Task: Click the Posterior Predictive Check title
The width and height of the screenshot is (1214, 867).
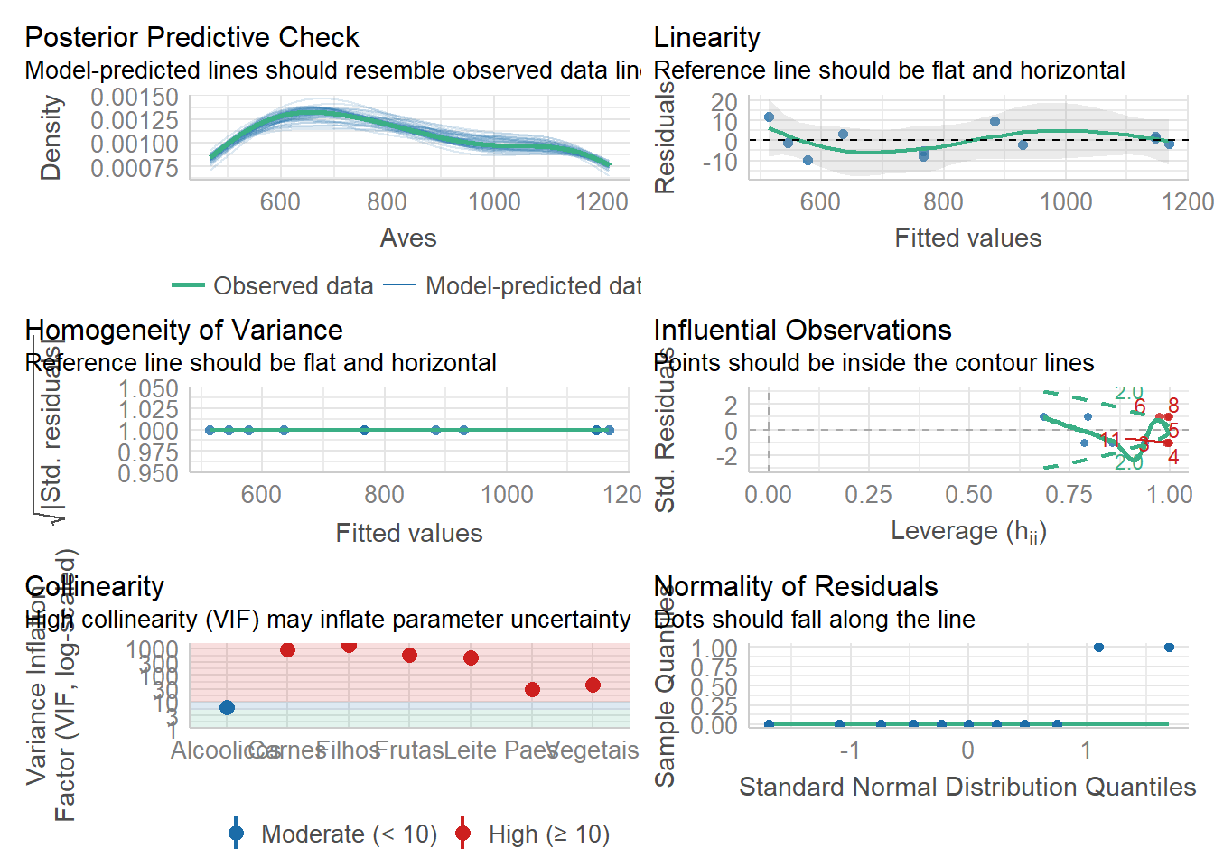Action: click(191, 38)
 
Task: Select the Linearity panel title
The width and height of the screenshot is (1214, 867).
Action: click(706, 38)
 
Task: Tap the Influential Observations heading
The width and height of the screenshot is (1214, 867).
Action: click(802, 331)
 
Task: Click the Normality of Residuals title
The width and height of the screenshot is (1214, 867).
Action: click(795, 587)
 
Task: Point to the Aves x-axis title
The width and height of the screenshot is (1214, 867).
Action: click(408, 238)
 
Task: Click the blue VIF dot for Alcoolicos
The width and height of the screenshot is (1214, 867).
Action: click(227, 707)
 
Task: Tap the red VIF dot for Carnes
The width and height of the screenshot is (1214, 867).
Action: click(287, 649)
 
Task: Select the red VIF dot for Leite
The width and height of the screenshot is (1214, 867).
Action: click(471, 657)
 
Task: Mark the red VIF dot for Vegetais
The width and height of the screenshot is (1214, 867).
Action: click(593, 685)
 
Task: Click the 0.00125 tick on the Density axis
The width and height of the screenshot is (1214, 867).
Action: click(135, 120)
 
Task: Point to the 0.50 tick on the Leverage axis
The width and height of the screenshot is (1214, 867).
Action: click(968, 495)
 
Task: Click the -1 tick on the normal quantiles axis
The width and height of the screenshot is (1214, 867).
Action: click(849, 750)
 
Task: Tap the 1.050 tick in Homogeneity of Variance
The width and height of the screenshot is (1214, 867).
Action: click(148, 389)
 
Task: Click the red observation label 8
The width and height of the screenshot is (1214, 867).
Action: click(1173, 406)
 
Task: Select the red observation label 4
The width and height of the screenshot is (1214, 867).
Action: click(1173, 457)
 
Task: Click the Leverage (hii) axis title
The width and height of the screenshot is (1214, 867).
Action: click(968, 531)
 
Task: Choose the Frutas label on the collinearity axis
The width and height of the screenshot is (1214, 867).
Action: click(409, 750)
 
